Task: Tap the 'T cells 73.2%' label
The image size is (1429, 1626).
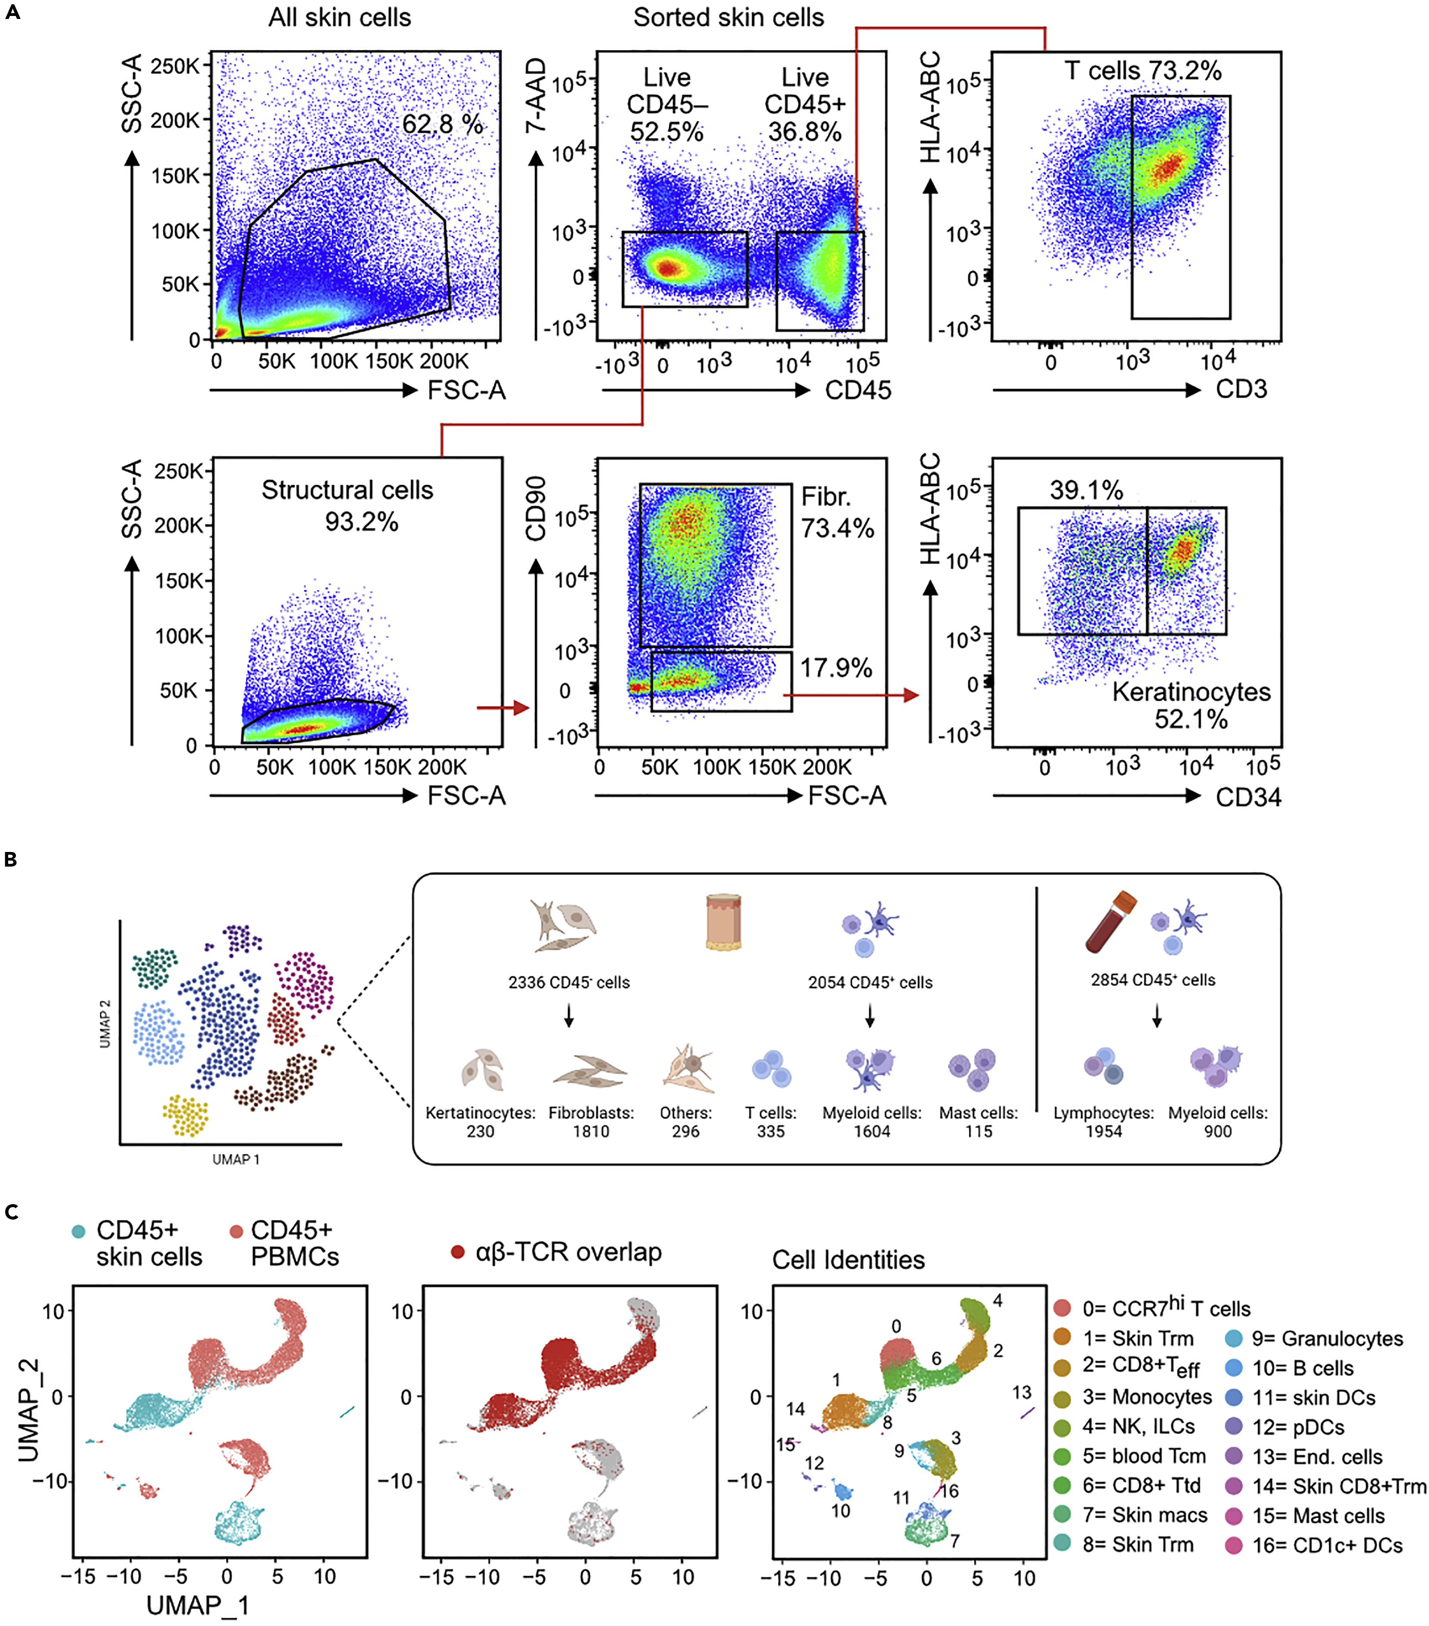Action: (1143, 71)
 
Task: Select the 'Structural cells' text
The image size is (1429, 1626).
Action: (348, 490)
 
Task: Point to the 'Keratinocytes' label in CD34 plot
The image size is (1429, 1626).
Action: (1191, 692)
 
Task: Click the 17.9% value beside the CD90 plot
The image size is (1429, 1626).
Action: (836, 668)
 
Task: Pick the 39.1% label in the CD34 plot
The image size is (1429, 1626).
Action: (1086, 490)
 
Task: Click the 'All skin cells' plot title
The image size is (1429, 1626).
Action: (340, 18)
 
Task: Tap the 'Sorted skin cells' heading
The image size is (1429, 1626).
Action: (728, 18)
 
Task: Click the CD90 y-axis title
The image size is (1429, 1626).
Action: (537, 509)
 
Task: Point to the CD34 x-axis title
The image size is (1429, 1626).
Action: (1248, 797)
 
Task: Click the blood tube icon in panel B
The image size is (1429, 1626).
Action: (1110, 923)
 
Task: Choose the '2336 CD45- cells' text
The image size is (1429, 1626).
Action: (568, 982)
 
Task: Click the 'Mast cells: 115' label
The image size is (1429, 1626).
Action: (978, 1121)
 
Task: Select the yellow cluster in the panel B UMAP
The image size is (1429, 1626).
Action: (185, 1115)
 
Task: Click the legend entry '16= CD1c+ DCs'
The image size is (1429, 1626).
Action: (1327, 1545)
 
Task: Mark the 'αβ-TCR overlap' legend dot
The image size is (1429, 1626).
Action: (457, 1252)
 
